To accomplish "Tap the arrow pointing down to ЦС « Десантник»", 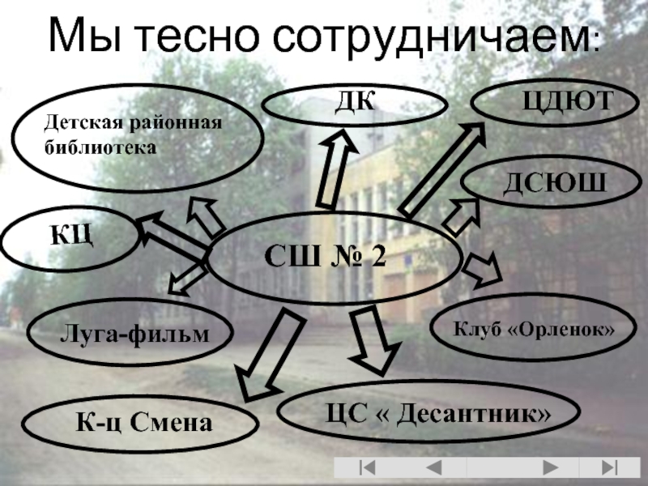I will tap(370, 340).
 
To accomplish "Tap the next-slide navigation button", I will tap(550, 468).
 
